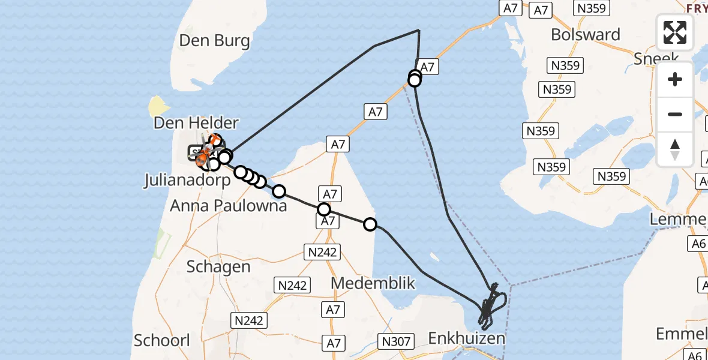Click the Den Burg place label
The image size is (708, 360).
click(214, 41)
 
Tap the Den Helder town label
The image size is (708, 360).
click(196, 123)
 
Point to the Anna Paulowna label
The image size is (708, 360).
click(228, 206)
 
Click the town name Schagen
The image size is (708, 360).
click(218, 267)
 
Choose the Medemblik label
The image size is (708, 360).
click(373, 283)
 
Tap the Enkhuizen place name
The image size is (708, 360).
click(466, 339)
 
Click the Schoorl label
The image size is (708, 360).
click(161, 340)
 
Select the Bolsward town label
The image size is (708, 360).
click(585, 34)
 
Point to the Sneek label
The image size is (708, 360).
click(656, 58)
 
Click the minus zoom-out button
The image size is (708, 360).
click(675, 114)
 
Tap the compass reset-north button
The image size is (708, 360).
click(675, 149)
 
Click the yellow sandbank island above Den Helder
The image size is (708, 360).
click(158, 107)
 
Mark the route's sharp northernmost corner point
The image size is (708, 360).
click(418, 29)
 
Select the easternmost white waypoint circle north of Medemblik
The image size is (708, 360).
click(370, 224)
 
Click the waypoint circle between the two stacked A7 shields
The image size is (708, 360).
click(324, 209)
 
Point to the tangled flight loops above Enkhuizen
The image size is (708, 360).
click(493, 303)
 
